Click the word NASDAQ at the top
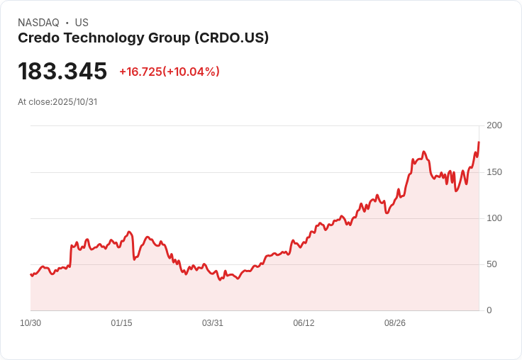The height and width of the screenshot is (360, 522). tap(38, 23)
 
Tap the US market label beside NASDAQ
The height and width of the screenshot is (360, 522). tap(82, 23)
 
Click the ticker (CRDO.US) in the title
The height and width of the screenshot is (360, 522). tap(231, 38)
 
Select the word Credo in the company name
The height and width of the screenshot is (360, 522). tap(37, 38)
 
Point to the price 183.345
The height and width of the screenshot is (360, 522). tap(62, 72)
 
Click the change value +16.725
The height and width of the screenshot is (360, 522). tap(140, 72)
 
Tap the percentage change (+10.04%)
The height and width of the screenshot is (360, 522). tap(191, 72)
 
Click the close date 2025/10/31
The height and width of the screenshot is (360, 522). tap(74, 102)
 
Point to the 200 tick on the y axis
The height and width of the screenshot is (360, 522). tap(494, 125)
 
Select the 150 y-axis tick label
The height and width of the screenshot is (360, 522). tap(494, 172)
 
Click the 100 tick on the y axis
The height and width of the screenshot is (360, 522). tap(494, 218)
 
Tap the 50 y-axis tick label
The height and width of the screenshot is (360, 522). tap(492, 264)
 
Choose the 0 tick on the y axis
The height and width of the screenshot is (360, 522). tap(489, 310)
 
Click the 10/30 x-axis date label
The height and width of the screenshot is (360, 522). tap(30, 323)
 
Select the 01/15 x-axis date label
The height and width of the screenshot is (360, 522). tap(121, 323)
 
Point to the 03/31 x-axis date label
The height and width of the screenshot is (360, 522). tap(213, 323)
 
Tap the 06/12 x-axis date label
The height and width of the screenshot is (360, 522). tap(304, 323)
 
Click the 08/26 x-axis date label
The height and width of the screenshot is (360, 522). tap(395, 323)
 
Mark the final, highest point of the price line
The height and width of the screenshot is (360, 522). tap(479, 142)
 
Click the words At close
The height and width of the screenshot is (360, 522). tap(34, 102)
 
